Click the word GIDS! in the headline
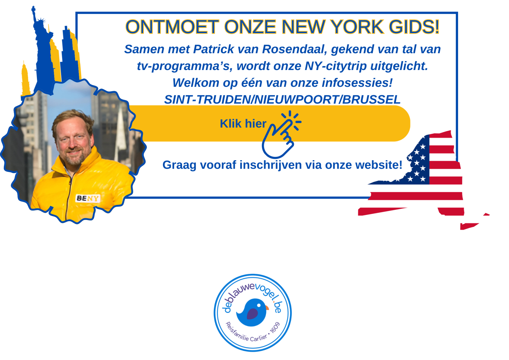[414, 27]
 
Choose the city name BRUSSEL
[371, 100]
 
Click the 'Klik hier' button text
[243, 124]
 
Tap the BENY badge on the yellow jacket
[88, 198]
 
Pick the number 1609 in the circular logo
[275, 328]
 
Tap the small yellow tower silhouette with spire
[25, 80]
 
